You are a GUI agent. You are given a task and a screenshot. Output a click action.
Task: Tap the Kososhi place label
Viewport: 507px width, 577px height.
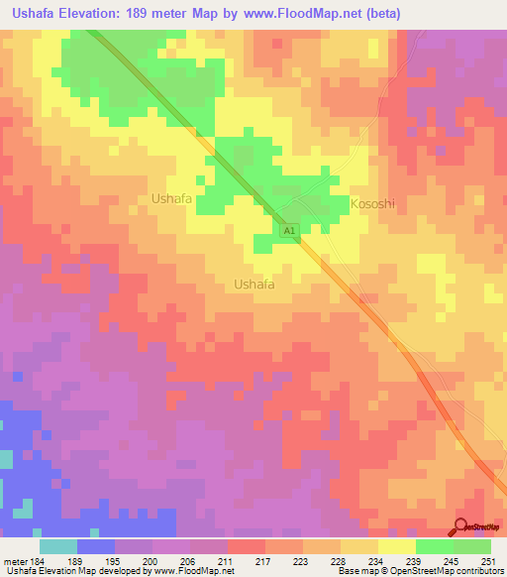(373, 203)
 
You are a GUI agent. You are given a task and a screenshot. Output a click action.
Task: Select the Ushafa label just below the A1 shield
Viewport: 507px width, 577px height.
(253, 285)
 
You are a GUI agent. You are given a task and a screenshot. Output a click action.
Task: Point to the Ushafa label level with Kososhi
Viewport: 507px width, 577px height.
(171, 198)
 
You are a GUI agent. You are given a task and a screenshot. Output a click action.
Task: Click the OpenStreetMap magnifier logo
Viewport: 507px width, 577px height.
(462, 527)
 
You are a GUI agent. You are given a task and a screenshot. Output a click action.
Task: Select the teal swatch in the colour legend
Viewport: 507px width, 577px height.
(57, 546)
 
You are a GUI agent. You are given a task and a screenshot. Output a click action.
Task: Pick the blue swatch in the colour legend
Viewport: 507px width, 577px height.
(95, 546)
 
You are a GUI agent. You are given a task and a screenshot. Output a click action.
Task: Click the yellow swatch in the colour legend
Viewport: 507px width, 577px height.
(396, 546)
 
